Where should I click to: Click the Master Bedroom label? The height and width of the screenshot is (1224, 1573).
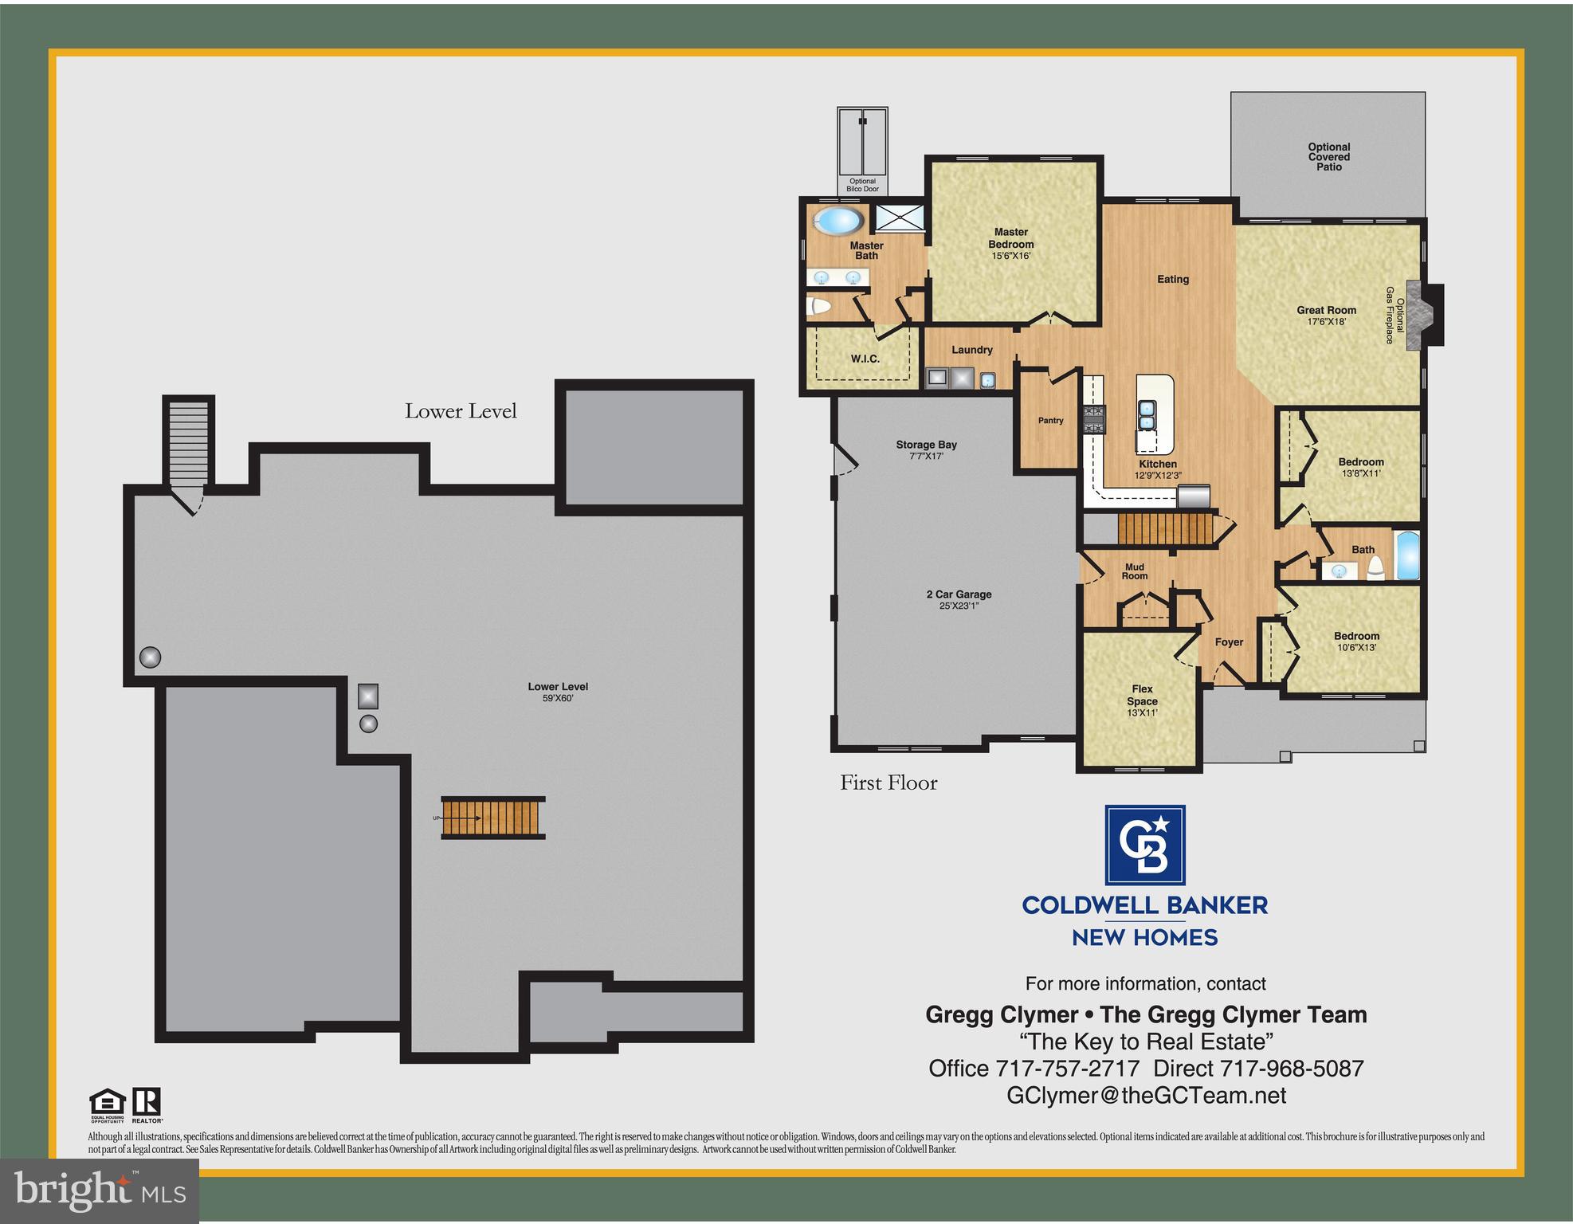coord(1010,238)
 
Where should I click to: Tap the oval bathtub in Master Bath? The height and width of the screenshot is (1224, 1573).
coord(837,221)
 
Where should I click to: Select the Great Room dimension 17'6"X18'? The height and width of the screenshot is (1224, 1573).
coord(1326,322)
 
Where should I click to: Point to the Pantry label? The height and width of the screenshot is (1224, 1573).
coord(1050,421)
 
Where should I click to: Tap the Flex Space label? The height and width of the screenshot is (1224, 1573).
coord(1142,695)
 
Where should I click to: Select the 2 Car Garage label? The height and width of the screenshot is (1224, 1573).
coord(959,594)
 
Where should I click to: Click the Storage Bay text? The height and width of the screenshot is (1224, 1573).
coord(926,445)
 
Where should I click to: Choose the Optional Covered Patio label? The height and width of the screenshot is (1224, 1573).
coord(1328,157)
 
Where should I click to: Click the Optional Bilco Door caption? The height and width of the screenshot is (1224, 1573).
coord(862,185)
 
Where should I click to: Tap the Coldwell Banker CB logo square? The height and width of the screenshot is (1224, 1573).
coord(1144,845)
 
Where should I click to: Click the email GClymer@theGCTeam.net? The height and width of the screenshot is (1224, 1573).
coord(1146,1096)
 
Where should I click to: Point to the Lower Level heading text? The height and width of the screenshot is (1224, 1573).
coord(461,411)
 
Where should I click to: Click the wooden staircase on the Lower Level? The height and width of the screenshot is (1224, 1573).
coord(493,818)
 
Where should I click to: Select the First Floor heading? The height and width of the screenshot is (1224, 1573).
coord(888,783)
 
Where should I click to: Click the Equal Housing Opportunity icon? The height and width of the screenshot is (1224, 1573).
coord(107,1105)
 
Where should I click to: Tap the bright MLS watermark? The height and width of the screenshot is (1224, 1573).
coord(99,1191)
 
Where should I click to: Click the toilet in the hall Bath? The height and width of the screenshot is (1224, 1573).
coord(1375,567)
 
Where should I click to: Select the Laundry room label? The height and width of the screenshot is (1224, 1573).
coord(971,350)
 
